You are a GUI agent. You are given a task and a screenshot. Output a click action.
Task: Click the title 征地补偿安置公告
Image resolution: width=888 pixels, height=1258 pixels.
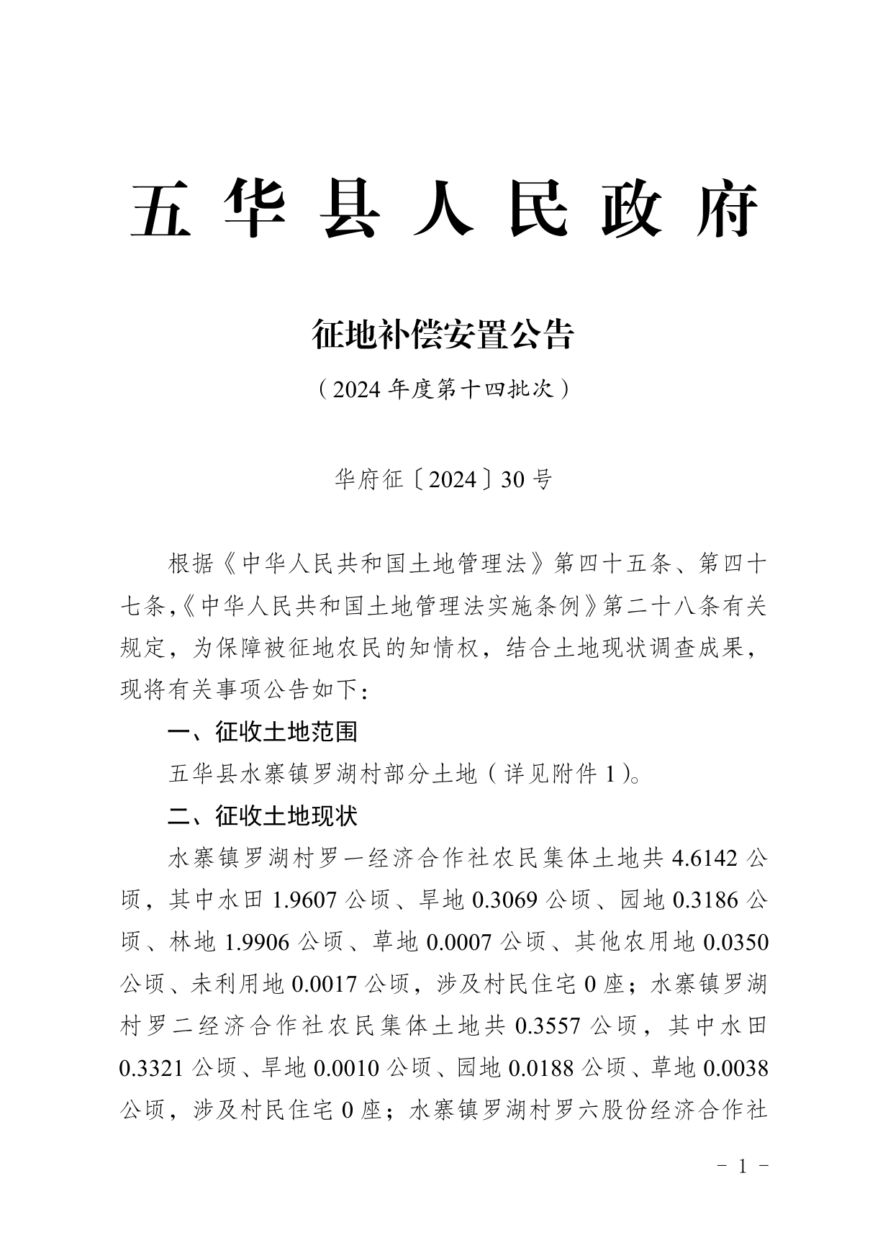click(x=443, y=335)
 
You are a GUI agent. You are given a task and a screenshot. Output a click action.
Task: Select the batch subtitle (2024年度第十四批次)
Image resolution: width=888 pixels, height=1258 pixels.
click(x=443, y=389)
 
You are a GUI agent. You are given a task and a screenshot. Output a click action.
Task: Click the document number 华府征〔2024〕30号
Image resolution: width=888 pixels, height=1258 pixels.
click(x=443, y=479)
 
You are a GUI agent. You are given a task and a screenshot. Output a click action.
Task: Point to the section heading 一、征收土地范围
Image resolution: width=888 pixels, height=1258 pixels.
click(x=263, y=732)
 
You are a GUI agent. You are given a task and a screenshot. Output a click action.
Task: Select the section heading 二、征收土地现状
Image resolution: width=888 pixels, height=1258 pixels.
click(x=263, y=815)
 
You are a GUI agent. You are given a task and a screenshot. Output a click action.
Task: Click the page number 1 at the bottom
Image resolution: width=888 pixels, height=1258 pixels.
click(x=743, y=1166)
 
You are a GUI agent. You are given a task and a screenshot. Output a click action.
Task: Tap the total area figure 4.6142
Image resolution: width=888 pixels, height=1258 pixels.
click(x=704, y=858)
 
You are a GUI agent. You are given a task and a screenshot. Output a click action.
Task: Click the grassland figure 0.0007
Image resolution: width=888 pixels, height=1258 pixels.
click(x=458, y=941)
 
